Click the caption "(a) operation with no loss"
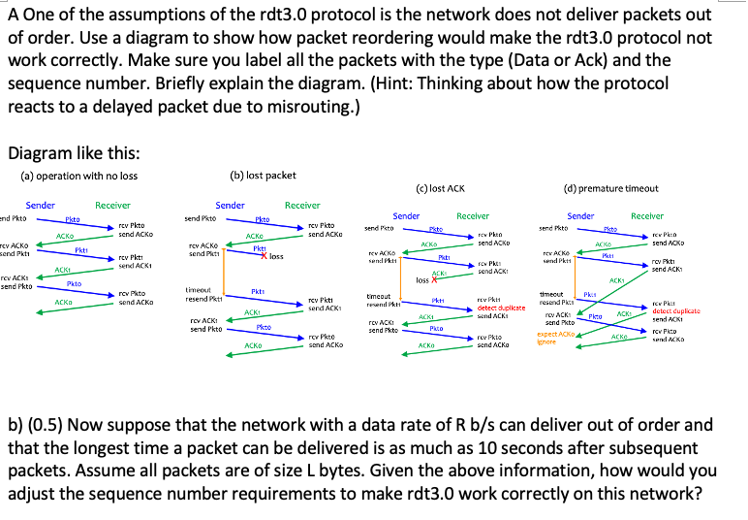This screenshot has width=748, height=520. click(x=79, y=176)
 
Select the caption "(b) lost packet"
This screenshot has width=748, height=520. click(x=264, y=176)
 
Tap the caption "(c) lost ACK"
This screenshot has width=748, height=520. click(x=439, y=188)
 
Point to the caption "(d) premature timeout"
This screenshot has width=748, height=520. click(x=612, y=188)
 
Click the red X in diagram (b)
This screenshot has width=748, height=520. click(x=264, y=256)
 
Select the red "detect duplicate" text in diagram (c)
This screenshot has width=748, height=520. click(x=500, y=308)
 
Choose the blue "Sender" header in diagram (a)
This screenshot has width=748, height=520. click(x=41, y=205)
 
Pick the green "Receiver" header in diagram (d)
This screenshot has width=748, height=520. click(x=647, y=215)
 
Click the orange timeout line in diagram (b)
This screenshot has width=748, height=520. click(x=224, y=271)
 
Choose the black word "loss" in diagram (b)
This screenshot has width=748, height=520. click(x=277, y=257)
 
